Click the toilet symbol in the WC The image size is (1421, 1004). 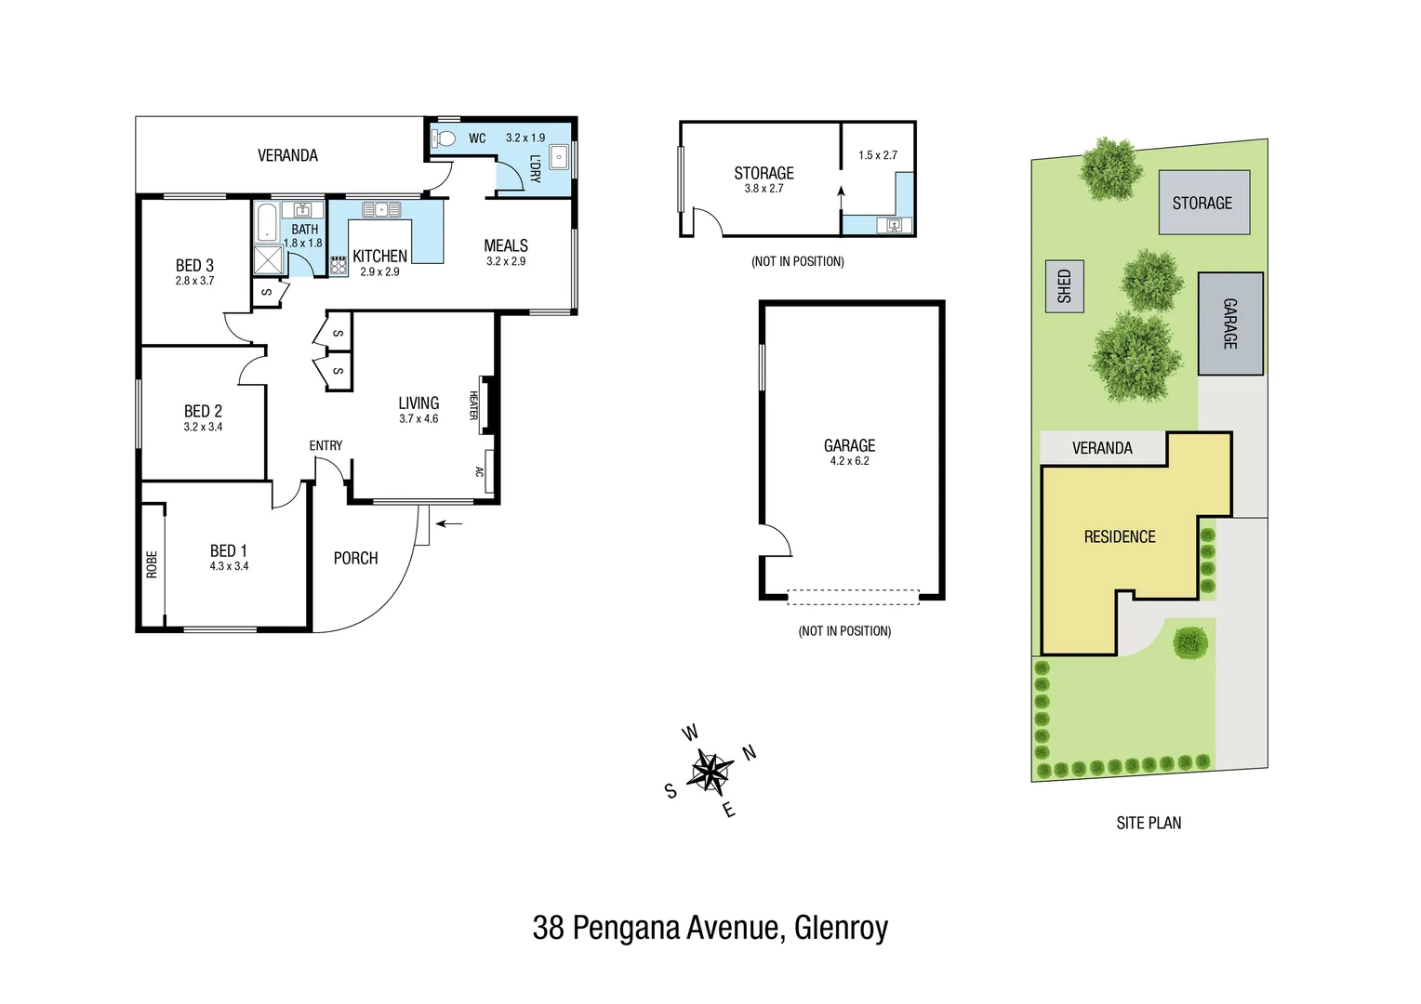(445, 139)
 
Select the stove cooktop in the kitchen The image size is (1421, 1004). (339, 266)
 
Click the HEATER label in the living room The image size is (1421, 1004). (473, 405)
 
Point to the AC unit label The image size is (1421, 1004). (480, 471)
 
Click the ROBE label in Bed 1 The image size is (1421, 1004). (152, 564)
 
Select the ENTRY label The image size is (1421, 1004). (325, 446)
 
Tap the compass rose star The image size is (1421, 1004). (710, 772)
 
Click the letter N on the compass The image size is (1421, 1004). (749, 753)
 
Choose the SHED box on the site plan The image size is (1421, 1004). (1065, 285)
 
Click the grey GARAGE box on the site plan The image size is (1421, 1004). (1229, 324)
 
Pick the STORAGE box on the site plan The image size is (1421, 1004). (1202, 203)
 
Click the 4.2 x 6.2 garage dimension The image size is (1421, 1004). (849, 461)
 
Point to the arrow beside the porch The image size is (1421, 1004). (449, 524)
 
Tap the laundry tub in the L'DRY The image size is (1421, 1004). (559, 158)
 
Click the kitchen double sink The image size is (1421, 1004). (381, 209)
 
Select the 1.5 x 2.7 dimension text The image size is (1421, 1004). (878, 155)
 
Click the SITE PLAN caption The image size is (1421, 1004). (1149, 823)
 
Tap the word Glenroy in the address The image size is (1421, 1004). (841, 928)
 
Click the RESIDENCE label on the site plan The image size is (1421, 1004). (1120, 537)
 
